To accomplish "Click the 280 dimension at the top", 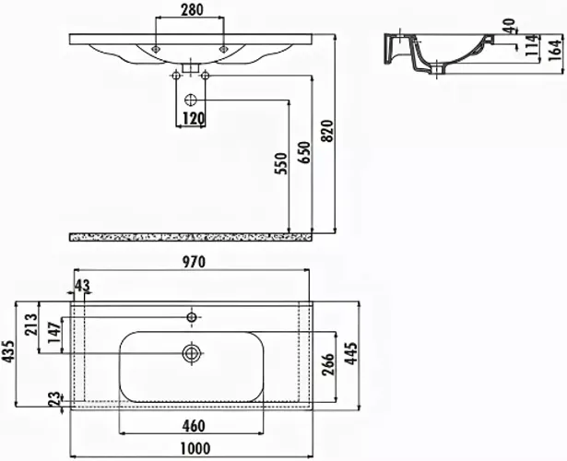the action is pos(192,10).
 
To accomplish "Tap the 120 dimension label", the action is pos(194,118).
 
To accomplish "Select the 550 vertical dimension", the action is pos(281,163).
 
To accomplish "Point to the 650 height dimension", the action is pos(304,152).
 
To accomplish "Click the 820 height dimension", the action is pos(327,131).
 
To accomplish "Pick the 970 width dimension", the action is pos(194,262).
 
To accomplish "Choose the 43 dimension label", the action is pos(82,285).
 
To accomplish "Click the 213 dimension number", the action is pos(31,324).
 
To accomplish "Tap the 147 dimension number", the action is pos(54,332).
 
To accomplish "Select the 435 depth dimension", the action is pos(8,350).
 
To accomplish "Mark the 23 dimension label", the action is pos(54,399).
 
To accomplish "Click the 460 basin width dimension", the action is pos(194,426).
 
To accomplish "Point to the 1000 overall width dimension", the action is pos(195,449).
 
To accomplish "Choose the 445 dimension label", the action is pos(351,353).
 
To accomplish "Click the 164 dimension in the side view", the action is pos(556,50).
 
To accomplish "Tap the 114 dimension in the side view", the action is pos(532,45).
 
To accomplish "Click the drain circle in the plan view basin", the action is pos(192,353).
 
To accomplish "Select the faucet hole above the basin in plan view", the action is pos(192,317).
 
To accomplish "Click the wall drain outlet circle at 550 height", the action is pos(190,100).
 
